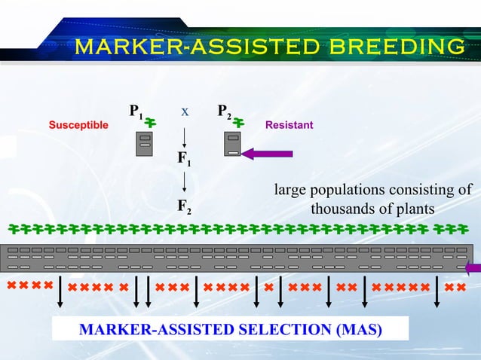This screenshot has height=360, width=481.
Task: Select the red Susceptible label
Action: pos(78,124)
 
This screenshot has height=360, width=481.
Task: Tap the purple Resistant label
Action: pos(290,124)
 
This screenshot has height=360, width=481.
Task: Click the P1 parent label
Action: pos(136,114)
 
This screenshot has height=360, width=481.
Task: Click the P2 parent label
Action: pos(224,114)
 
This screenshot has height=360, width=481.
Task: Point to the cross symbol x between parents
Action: pos(184,112)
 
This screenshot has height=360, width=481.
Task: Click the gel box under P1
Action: pos(145,143)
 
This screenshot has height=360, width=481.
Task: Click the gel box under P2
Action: pos(233,143)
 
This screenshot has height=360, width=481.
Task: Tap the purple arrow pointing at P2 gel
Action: pos(268,154)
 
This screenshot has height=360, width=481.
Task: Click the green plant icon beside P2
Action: pos(240,121)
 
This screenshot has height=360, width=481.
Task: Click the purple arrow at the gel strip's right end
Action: pos(473,267)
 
